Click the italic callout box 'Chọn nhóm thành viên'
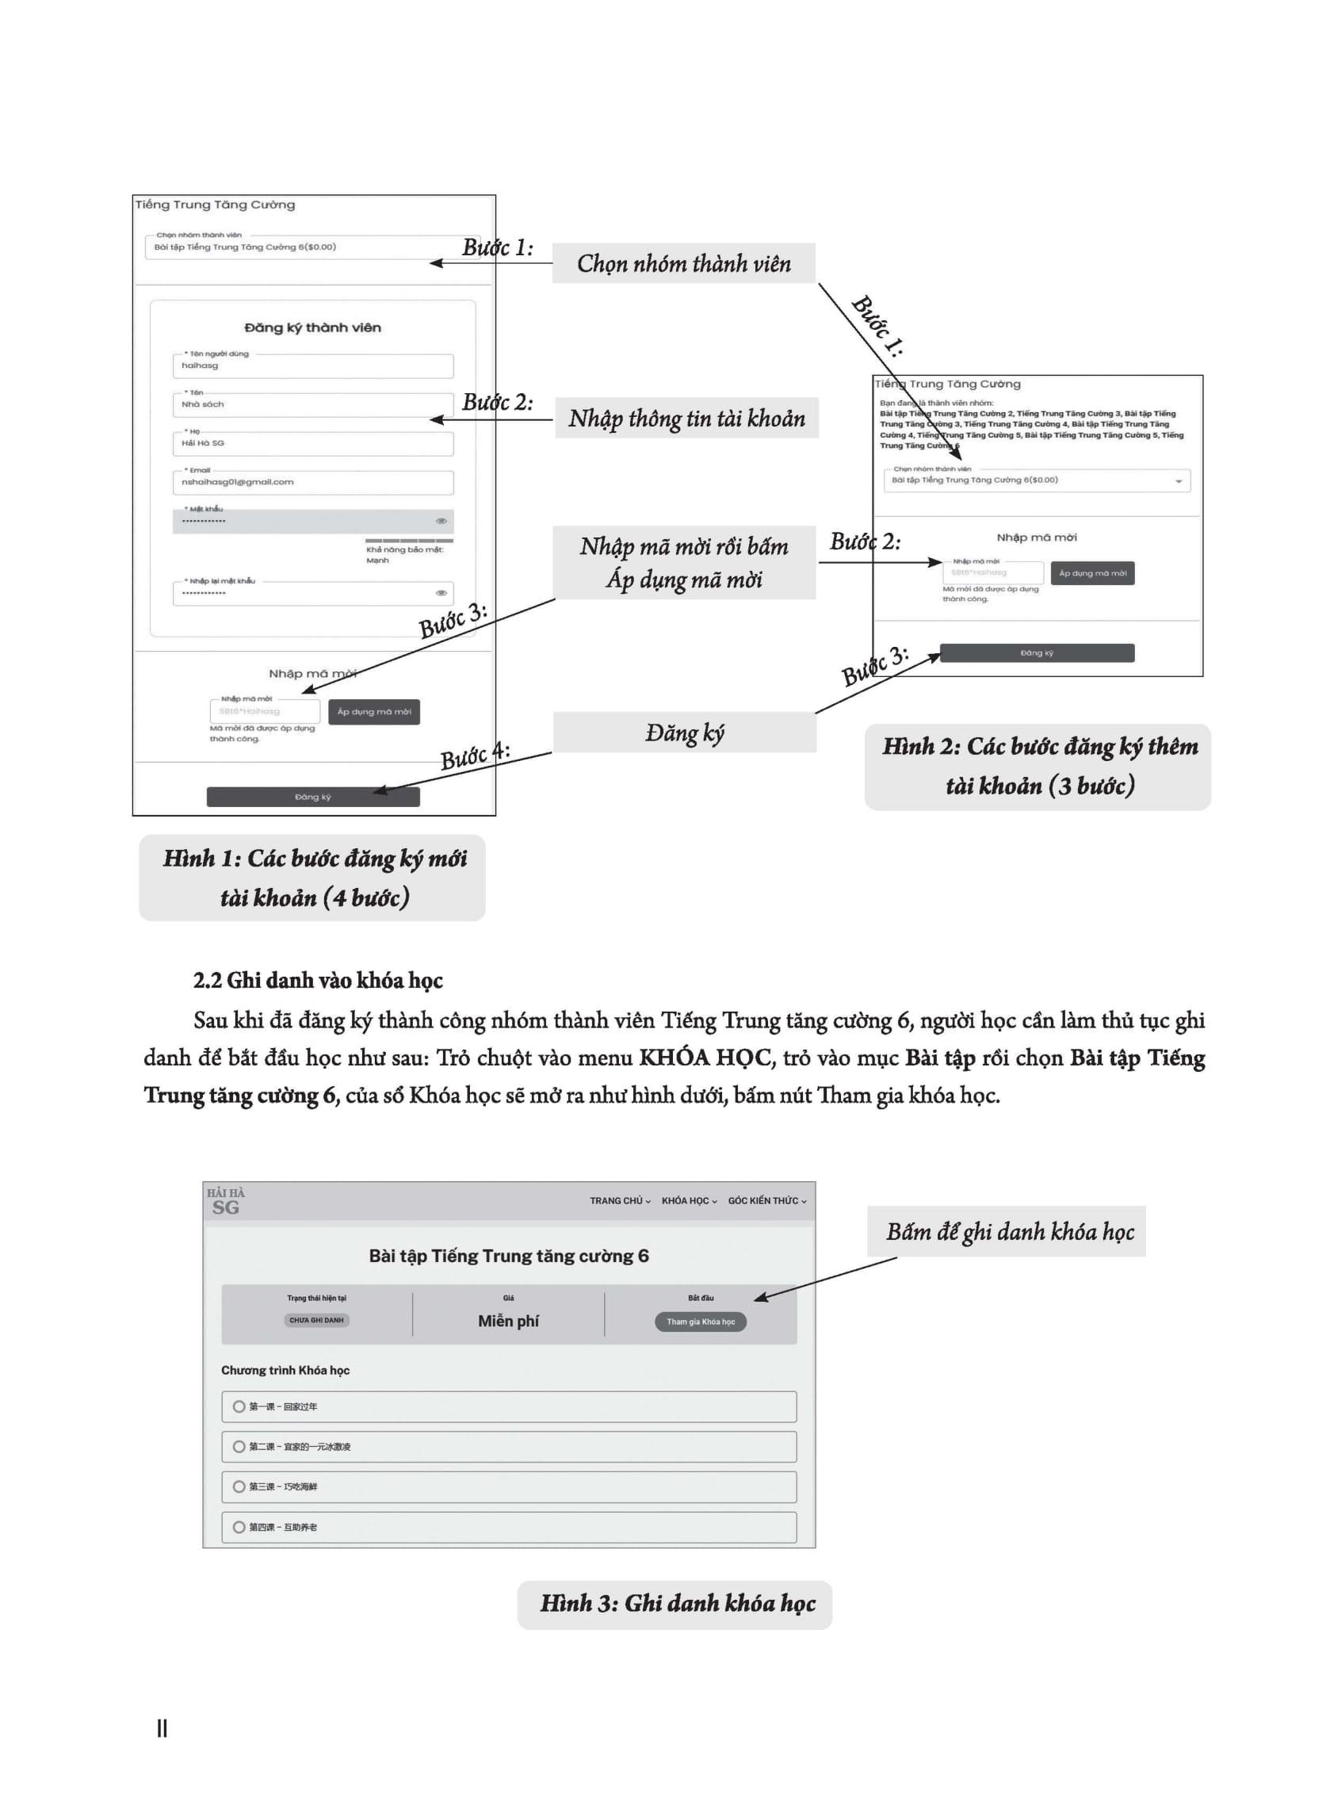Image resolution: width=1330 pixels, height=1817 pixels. pyautogui.click(x=683, y=263)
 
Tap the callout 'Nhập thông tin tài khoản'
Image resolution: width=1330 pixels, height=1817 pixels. pyautogui.click(x=686, y=418)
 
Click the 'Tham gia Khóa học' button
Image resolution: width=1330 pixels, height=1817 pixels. pyautogui.click(x=701, y=1321)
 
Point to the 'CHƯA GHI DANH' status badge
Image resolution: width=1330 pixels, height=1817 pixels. pyautogui.click(x=316, y=1319)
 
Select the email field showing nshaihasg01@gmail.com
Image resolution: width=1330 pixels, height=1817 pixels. pyautogui.click(x=312, y=482)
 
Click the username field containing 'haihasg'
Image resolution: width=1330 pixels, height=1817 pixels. pyautogui.click(x=312, y=365)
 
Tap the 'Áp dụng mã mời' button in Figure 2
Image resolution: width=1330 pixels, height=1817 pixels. pyautogui.click(x=1092, y=573)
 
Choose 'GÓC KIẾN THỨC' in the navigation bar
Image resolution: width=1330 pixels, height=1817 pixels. pyautogui.click(x=766, y=1200)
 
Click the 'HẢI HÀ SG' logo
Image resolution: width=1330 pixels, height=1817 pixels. pyautogui.click(x=225, y=1201)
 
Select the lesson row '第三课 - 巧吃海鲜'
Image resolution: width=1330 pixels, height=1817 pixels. pyautogui.click(x=509, y=1486)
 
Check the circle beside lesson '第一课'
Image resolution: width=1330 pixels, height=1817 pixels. pyautogui.click(x=239, y=1406)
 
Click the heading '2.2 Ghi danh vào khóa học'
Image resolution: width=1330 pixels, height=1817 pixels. pyautogui.click(x=318, y=981)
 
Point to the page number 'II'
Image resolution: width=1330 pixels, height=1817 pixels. pyautogui.click(x=162, y=1728)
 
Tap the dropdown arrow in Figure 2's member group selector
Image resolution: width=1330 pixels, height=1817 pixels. pyautogui.click(x=1179, y=481)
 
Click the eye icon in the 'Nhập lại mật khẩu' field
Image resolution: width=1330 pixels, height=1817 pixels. pyautogui.click(x=441, y=593)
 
